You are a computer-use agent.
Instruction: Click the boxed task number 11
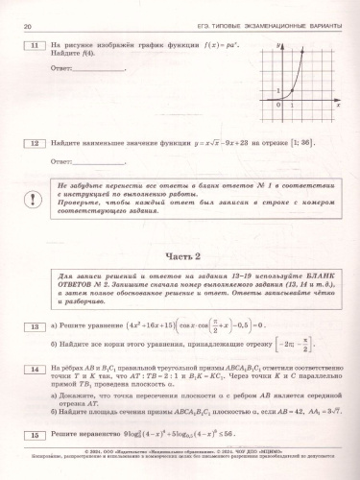[x=35, y=46]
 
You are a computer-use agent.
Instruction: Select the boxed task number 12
[x=35, y=144]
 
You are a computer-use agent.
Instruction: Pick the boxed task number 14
[x=35, y=368]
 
